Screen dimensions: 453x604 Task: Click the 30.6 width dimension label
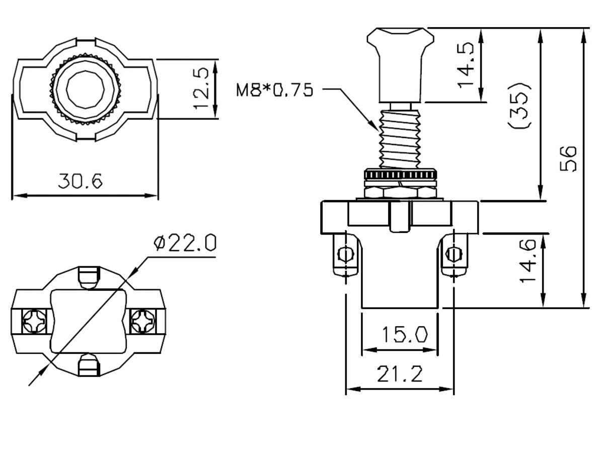pos(80,180)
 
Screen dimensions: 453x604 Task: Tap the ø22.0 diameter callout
pos(185,244)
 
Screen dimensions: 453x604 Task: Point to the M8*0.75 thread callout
pos(275,90)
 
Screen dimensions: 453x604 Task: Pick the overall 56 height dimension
pos(568,159)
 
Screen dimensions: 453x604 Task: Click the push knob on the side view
pos(400,60)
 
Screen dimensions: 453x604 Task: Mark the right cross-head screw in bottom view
pos(142,320)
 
